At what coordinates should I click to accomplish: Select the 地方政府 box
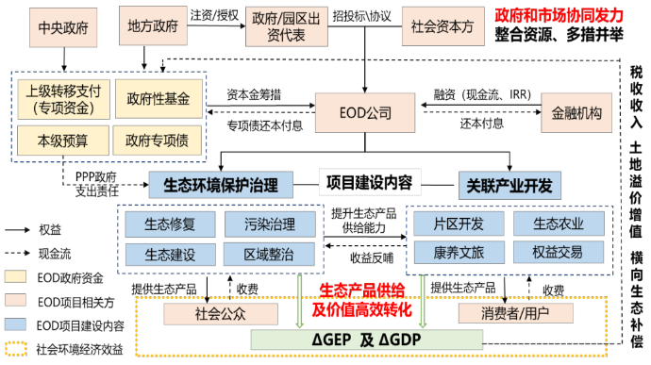tap(154, 26)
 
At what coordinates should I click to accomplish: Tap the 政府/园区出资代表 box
tap(280, 26)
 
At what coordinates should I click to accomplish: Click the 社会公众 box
tap(222, 312)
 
